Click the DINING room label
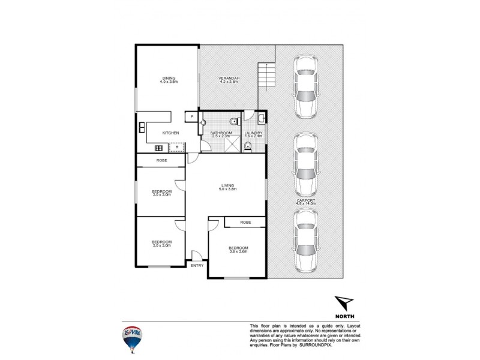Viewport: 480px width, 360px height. click(x=167, y=79)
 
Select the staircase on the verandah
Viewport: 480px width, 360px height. click(x=266, y=76)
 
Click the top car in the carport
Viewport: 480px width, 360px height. click(x=305, y=88)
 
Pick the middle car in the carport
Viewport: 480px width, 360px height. click(x=305, y=164)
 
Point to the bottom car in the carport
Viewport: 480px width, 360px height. click(x=305, y=241)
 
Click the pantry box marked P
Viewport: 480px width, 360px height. click(x=191, y=116)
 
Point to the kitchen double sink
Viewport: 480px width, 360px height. click(x=142, y=128)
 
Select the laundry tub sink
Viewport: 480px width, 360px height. click(x=262, y=118)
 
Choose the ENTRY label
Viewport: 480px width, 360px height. click(x=197, y=265)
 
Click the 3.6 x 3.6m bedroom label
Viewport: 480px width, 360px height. click(x=238, y=250)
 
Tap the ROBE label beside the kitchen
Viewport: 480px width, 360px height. click(x=161, y=160)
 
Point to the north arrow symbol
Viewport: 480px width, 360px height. click(x=344, y=303)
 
